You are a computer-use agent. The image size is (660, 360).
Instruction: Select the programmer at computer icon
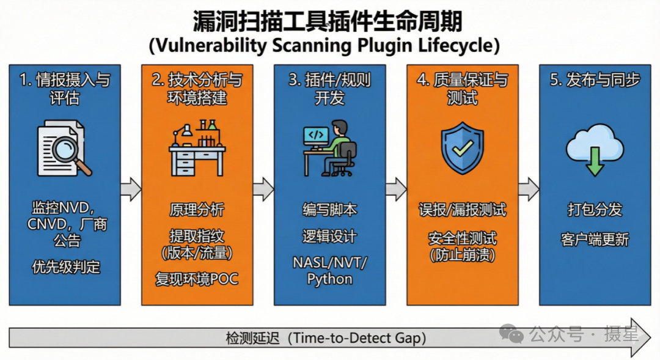[329, 149]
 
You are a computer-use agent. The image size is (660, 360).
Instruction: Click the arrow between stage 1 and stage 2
[131, 189]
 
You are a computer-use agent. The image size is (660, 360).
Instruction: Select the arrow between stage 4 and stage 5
[529, 189]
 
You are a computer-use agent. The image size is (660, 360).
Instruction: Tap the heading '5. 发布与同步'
[595, 81]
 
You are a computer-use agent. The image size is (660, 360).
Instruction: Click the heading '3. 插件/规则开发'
[329, 89]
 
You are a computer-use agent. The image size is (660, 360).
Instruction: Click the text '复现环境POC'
[197, 279]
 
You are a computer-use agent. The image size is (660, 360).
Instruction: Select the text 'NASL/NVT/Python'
[329, 271]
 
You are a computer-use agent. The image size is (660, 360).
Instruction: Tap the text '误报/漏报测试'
[462, 210]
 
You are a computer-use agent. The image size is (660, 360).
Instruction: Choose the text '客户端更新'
[594, 239]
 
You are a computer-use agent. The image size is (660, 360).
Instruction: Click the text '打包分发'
[594, 210]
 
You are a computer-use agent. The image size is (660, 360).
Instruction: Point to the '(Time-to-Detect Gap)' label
[357, 337]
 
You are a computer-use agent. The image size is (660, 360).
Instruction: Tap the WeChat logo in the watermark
[512, 334]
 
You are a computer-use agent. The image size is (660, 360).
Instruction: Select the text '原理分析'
[197, 210]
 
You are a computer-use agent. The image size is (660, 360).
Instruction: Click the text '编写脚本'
[329, 210]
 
